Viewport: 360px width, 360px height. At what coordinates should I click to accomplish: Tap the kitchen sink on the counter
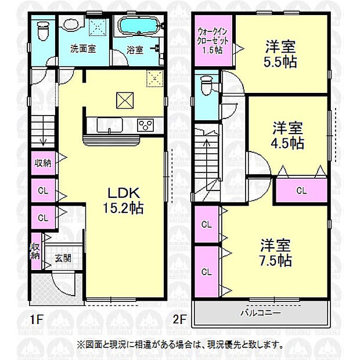(107, 125)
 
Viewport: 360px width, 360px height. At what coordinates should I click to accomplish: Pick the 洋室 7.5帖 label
(275, 252)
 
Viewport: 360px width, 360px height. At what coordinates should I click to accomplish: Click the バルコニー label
(261, 313)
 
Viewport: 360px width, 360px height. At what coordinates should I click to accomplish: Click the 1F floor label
(37, 319)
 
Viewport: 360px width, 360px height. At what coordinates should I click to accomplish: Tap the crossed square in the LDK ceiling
(124, 100)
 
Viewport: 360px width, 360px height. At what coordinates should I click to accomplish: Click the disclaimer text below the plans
(180, 344)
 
